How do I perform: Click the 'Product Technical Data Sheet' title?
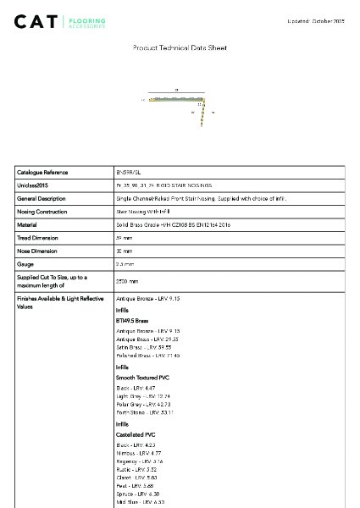pos(180,48)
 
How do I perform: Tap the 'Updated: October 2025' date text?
pos(316,20)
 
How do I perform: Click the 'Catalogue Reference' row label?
pos(42,172)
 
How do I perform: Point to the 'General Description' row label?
pos(42,199)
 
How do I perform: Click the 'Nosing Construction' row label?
pos(42,212)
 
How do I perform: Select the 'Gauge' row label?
pos(26,265)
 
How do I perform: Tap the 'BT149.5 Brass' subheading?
pos(132,322)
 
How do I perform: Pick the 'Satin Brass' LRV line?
pos(143,347)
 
